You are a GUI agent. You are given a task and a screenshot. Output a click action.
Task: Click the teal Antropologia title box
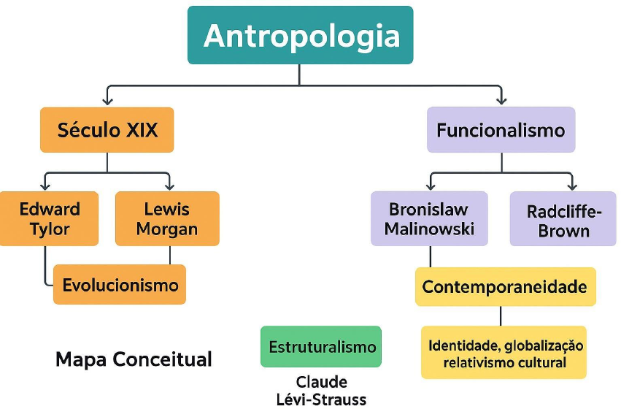pos(300,35)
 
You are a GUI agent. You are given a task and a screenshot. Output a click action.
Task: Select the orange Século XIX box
pos(107,130)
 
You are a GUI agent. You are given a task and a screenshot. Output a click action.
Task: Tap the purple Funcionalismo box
pos(501,130)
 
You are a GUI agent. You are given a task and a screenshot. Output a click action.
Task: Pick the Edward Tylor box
pos(49,218)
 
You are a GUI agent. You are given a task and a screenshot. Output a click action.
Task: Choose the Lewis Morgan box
pos(167,218)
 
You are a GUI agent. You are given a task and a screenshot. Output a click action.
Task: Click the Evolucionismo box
pos(120,284)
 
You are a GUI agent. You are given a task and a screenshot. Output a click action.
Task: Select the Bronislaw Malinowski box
pos(429,218)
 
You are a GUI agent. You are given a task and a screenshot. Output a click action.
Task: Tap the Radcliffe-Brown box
pos(563,219)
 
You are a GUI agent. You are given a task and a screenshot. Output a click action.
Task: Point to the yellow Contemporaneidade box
pos(505,287)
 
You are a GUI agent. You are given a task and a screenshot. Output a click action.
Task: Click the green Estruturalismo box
pos(321,346)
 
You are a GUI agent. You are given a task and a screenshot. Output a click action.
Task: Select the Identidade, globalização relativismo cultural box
pos(505,353)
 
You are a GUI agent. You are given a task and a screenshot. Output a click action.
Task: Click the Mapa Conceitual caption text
pos(134,359)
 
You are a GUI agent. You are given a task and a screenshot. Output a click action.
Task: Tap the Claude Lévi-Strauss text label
pos(322,390)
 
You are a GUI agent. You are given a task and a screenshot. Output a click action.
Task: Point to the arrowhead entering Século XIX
pos(108,101)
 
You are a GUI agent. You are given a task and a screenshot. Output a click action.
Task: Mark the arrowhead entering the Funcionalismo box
pos(501,101)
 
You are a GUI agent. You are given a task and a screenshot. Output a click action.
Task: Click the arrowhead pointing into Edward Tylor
pos(47,186)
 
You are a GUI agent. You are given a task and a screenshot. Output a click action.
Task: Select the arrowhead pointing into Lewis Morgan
pos(169,186)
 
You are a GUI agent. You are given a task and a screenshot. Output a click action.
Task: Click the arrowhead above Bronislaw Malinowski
pos(431,186)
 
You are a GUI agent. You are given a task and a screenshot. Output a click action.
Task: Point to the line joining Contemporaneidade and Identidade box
pos(501,316)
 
